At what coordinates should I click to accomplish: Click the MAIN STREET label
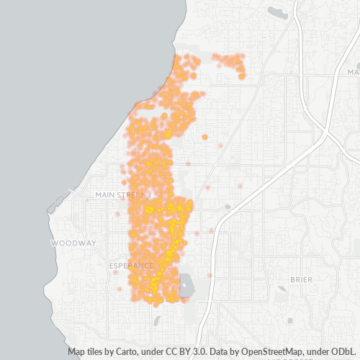point(120,194)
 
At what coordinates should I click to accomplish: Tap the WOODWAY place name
point(73,243)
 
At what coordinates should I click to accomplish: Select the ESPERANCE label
point(132,266)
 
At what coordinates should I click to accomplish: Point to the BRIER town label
point(301,279)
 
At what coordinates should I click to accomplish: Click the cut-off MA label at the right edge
point(353,72)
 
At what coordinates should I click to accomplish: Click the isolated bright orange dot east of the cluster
point(204,137)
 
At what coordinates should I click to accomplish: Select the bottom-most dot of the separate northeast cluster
point(243,77)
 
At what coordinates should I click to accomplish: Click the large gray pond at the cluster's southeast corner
point(186,286)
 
